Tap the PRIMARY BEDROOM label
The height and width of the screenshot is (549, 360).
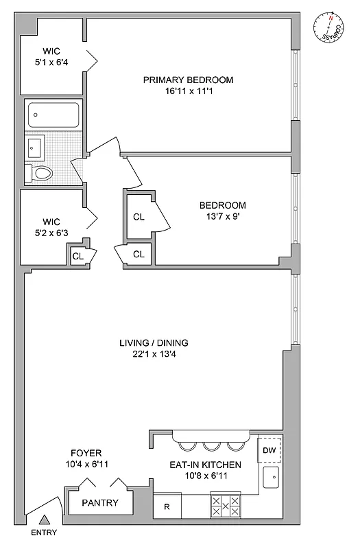pyautogui.click(x=188, y=80)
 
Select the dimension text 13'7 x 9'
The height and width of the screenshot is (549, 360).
pyautogui.click(x=222, y=217)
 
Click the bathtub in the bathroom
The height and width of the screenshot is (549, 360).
pyautogui.click(x=53, y=115)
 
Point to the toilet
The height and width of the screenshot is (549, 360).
pyautogui.click(x=40, y=174)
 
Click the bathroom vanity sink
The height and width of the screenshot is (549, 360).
pyautogui.click(x=35, y=146)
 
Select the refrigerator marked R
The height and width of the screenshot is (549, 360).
pyautogui.click(x=166, y=507)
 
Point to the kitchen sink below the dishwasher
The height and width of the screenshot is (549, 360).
pyautogui.click(x=272, y=476)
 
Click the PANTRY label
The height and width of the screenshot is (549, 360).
pyautogui.click(x=100, y=503)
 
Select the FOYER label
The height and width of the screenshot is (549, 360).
pyautogui.click(x=86, y=453)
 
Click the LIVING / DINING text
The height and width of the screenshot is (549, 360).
pyautogui.click(x=154, y=343)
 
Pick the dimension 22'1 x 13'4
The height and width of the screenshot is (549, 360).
pyautogui.click(x=154, y=354)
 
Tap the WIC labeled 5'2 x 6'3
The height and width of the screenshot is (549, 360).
pyautogui.click(x=52, y=227)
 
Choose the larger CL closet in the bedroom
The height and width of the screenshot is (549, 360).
pyautogui.click(x=139, y=217)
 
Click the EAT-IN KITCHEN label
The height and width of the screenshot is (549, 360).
pyautogui.click(x=205, y=465)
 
